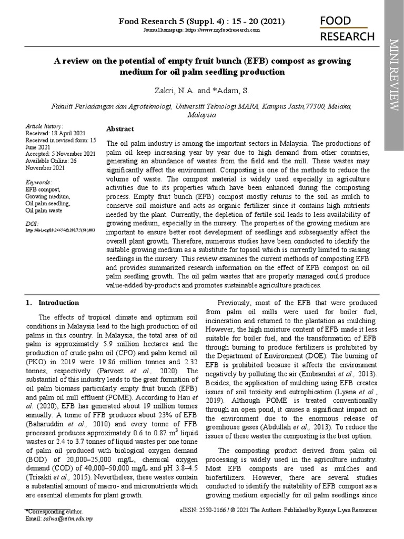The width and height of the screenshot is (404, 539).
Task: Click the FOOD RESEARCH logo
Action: [348, 28]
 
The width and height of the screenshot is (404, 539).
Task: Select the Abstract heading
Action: [120, 129]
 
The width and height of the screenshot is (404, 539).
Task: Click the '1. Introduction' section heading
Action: [53, 303]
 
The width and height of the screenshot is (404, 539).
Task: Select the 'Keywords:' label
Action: [38, 182]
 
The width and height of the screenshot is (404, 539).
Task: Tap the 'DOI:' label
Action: [32, 223]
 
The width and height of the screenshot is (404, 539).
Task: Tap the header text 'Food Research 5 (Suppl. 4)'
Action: [168, 22]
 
